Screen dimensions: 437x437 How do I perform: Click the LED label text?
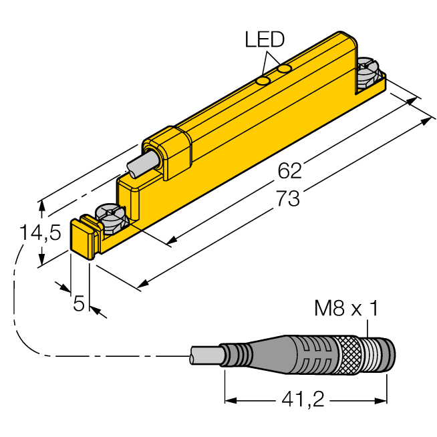(x=265, y=39)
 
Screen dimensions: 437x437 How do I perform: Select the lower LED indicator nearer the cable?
(x=263, y=81)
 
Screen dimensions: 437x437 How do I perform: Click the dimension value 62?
(x=289, y=171)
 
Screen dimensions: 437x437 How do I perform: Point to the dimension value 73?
(x=287, y=198)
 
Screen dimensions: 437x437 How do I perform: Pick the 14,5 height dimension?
(x=40, y=233)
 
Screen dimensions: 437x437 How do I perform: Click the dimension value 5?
(x=79, y=303)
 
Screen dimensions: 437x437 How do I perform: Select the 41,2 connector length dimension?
(x=303, y=400)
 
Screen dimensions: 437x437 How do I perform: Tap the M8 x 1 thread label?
(x=346, y=308)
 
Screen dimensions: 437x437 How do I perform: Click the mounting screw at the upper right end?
(x=368, y=74)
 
